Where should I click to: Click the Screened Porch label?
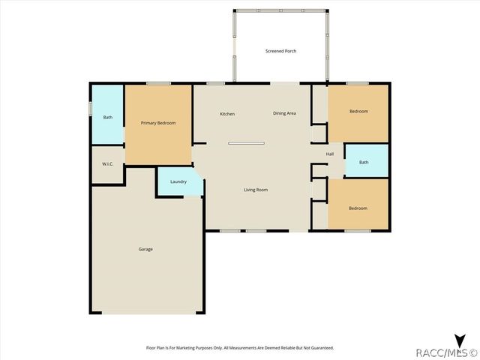pyautogui.click(x=280, y=51)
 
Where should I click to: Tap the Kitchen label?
pyautogui.click(x=227, y=114)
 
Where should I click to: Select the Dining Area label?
pyautogui.click(x=284, y=113)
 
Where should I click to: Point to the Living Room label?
pyautogui.click(x=256, y=190)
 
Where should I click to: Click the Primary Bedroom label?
pyautogui.click(x=158, y=122)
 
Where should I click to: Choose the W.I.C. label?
pyautogui.click(x=107, y=163)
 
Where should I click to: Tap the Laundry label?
pyautogui.click(x=178, y=181)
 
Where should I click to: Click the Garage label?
pyautogui.click(x=145, y=249)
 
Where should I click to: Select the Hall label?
pyautogui.click(x=330, y=154)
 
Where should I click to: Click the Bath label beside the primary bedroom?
pyautogui.click(x=108, y=117)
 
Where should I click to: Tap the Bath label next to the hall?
pyautogui.click(x=364, y=162)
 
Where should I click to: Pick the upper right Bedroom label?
pyautogui.click(x=358, y=111)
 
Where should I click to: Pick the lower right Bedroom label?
pyautogui.click(x=358, y=208)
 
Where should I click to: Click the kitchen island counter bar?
pyautogui.click(x=247, y=142)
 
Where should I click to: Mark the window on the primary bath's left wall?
pyautogui.click(x=91, y=109)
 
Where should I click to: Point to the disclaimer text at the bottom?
pyautogui.click(x=239, y=348)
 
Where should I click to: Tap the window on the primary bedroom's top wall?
pyautogui.click(x=158, y=83)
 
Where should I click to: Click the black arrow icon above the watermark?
pyautogui.click(x=460, y=339)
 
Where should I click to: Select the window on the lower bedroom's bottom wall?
pyautogui.click(x=358, y=231)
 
